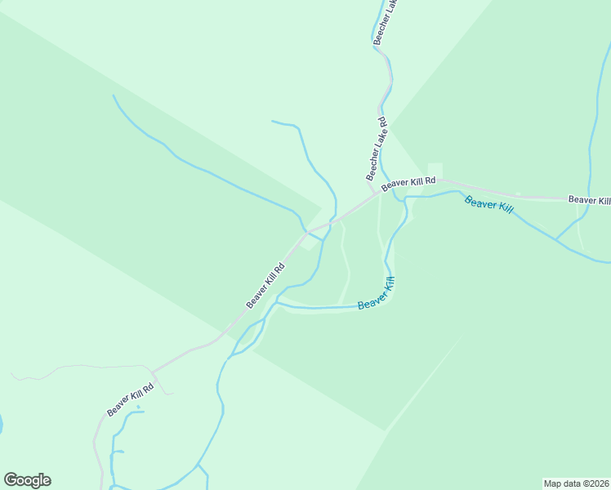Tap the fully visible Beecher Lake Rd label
377,149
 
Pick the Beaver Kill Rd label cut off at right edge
589,199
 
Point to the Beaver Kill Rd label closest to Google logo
130,400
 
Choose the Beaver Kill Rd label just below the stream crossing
266,285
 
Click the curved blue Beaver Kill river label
377,294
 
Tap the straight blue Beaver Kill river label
488,204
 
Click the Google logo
27,480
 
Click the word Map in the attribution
554,483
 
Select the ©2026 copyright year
594,483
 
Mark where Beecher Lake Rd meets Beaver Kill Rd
379,193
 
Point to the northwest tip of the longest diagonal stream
114,96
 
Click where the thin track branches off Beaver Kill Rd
154,370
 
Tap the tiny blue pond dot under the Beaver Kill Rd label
139,407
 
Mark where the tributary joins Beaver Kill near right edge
555,240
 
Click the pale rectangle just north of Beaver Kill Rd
435,170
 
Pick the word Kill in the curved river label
387,286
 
